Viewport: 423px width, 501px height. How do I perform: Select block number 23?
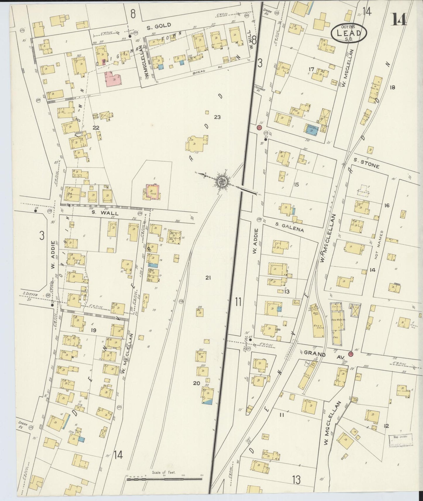217,117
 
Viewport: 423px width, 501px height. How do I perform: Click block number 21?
208,278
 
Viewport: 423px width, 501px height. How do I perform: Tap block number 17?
311,69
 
